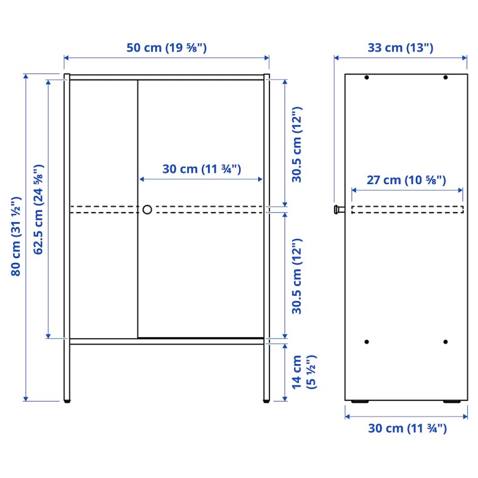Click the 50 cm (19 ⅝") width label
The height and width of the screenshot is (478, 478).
point(167,48)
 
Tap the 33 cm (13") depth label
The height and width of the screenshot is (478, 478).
point(400,48)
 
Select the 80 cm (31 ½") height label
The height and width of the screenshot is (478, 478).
point(16,237)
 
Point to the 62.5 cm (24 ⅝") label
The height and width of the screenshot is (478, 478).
point(38,210)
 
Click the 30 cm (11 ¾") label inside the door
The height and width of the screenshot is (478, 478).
point(201,169)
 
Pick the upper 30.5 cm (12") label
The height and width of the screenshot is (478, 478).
point(296,145)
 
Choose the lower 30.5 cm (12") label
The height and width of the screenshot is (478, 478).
point(296,277)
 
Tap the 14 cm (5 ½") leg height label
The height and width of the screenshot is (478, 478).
point(304,372)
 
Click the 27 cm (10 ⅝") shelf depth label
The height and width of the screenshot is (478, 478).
point(406,180)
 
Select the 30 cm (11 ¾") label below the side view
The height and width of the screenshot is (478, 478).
point(407,428)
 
